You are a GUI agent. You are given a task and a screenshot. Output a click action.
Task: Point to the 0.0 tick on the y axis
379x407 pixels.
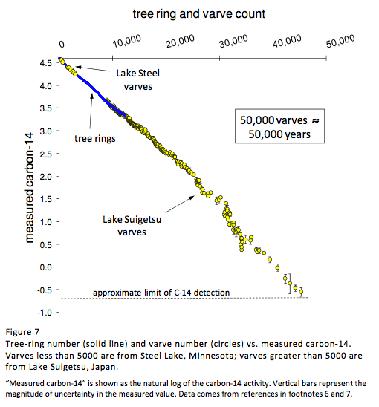point(46,267)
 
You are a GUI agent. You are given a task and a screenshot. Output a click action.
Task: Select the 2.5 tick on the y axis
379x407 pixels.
point(46,153)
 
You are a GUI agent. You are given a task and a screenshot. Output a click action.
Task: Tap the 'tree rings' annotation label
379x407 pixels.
point(95,138)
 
